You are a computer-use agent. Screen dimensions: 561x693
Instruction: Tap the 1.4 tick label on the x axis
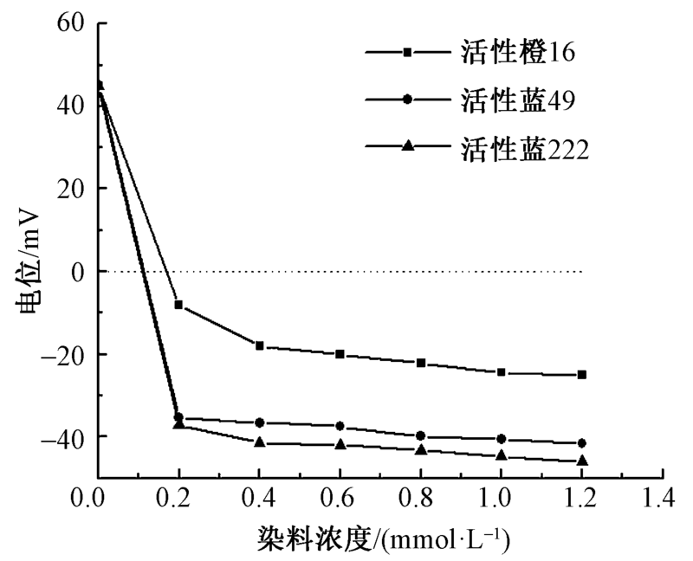coord(661,498)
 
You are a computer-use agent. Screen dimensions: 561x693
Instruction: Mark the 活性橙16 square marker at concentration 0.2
coord(178,305)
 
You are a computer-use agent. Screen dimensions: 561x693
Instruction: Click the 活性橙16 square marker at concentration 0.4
coord(259,345)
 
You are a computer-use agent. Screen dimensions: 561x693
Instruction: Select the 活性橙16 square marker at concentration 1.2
coord(581,375)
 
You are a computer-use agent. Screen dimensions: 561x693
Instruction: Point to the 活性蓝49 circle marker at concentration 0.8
coord(420,435)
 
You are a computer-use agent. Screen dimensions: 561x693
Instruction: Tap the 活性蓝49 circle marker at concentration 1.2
coord(581,443)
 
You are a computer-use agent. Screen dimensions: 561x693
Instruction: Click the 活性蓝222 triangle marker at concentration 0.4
coord(259,442)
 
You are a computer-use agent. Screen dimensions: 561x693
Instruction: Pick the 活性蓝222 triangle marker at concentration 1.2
coord(581,461)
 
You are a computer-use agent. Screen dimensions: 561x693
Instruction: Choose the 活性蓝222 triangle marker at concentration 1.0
coord(501,455)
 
